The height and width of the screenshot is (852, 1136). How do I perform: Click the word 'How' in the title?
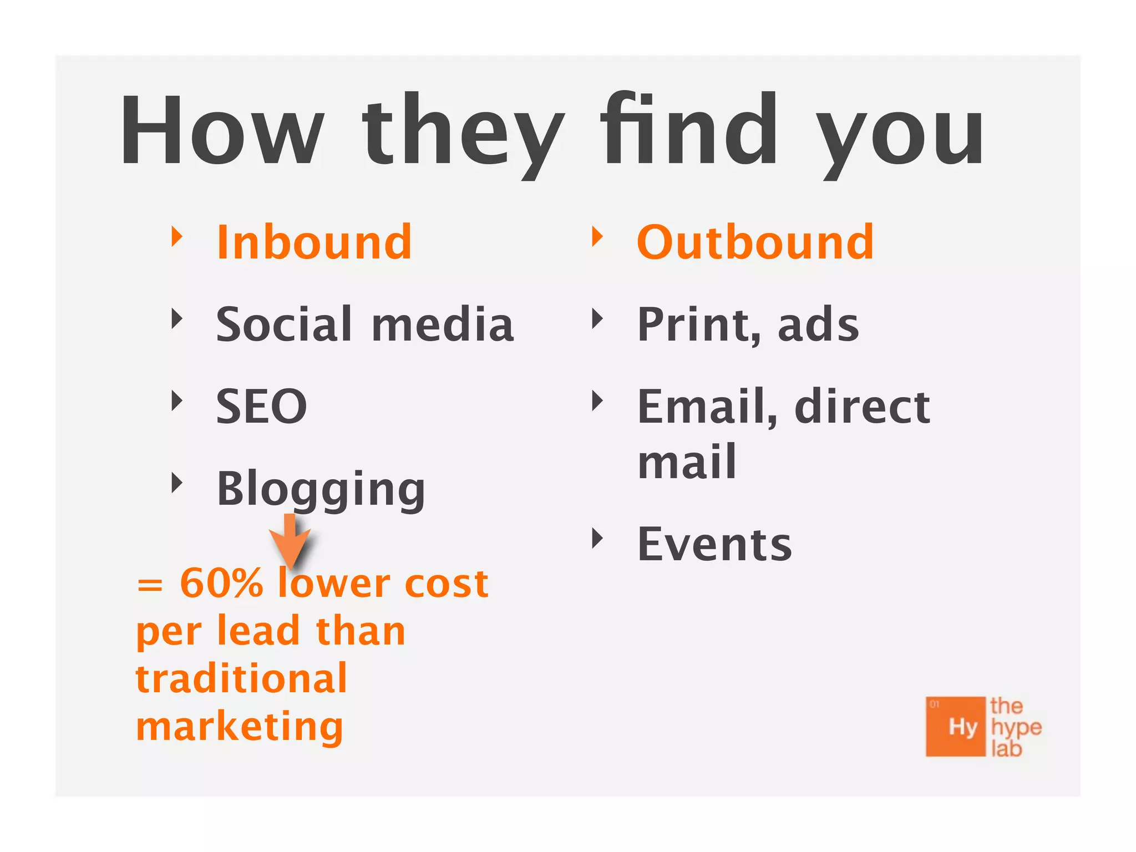pyautogui.click(x=222, y=130)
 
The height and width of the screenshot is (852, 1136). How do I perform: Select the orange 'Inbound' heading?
pyautogui.click(x=314, y=242)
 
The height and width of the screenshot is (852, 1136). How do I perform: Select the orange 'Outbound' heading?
pyautogui.click(x=755, y=242)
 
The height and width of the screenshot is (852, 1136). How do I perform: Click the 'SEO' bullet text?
pyautogui.click(x=261, y=407)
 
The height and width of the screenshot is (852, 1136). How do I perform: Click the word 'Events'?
pyautogui.click(x=714, y=545)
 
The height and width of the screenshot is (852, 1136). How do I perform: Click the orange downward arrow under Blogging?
pyautogui.click(x=290, y=541)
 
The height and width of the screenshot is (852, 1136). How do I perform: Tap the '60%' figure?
pyautogui.click(x=221, y=583)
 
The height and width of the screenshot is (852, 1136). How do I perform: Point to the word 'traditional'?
pyautogui.click(x=241, y=678)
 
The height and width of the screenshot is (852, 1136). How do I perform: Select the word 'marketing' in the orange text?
pyautogui.click(x=240, y=727)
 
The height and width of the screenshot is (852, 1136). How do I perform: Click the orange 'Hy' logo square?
pyautogui.click(x=955, y=727)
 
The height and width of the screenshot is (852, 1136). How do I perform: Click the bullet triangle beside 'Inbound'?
pyautogui.click(x=177, y=237)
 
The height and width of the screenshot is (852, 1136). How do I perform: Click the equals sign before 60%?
pyautogui.click(x=150, y=585)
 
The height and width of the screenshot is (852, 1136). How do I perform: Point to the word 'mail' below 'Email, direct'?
pyautogui.click(x=687, y=461)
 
